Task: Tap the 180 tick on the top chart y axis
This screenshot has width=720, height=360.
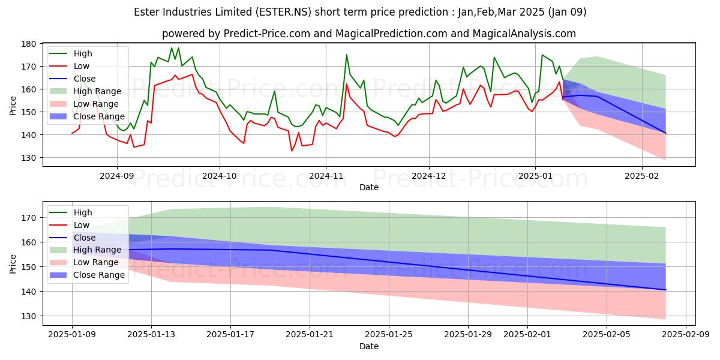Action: pos(29,44)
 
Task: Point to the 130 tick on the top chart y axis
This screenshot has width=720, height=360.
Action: pos(29,158)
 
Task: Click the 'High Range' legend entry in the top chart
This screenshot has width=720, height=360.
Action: pos(98,91)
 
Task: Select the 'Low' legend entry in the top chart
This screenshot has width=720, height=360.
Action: pos(82,66)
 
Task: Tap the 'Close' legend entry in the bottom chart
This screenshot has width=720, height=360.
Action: pos(84,238)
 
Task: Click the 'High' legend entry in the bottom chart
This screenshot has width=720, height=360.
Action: pos(83,212)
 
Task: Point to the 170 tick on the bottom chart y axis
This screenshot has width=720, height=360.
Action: pos(29,218)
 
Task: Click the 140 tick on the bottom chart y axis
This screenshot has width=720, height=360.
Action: pos(29,292)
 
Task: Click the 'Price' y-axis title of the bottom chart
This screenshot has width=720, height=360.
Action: pos(13,263)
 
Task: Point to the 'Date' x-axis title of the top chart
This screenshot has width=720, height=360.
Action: pos(368,187)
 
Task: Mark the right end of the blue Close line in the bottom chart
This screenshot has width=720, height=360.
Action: pos(665,290)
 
